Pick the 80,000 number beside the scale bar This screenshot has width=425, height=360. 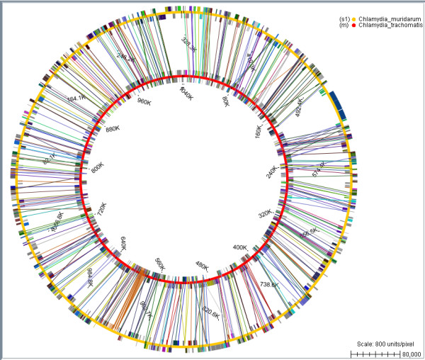pyautogui.click(x=410, y=353)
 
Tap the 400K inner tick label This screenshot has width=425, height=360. pyautogui.click(x=240, y=247)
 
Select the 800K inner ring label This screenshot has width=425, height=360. pyautogui.click(x=98, y=167)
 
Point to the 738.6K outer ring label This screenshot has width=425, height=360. pyautogui.click(x=269, y=284)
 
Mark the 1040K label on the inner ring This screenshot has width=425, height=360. pyautogui.click(x=186, y=93)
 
